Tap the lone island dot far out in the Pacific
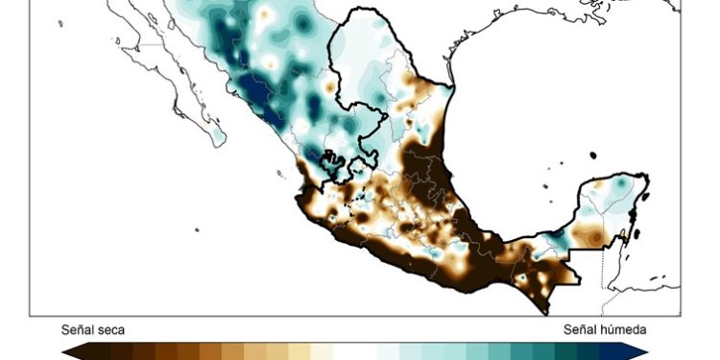[197, 229]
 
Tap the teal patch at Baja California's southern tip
[218, 136]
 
